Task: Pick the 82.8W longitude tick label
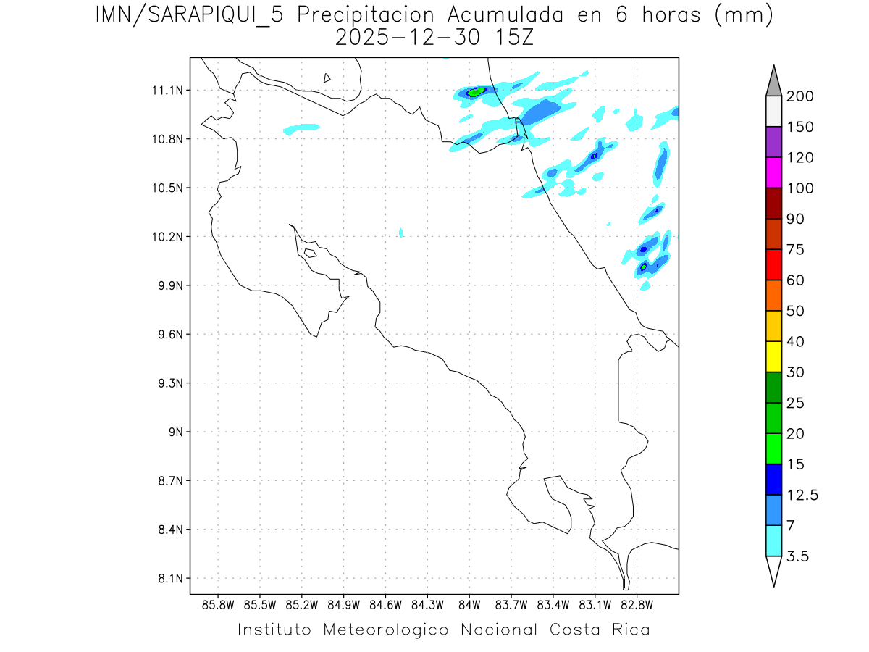click(637, 604)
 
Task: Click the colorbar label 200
click(800, 96)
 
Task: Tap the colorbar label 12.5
click(802, 495)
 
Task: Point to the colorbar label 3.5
click(798, 556)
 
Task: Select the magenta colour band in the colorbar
click(773, 172)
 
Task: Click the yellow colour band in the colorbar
click(773, 356)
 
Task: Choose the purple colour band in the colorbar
click(773, 142)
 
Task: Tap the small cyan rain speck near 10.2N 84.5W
click(400, 232)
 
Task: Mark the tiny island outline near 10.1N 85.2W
click(309, 253)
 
